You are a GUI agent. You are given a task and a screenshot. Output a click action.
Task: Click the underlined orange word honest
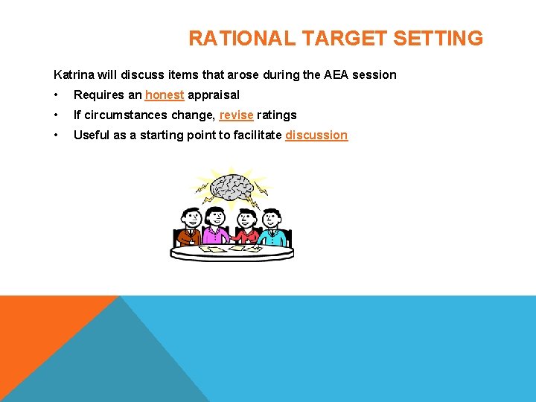point(165,95)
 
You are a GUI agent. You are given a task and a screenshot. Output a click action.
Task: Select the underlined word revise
point(236,115)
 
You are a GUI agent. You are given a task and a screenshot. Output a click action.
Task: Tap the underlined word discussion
point(316,135)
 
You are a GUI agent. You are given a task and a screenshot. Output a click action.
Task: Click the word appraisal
point(214,95)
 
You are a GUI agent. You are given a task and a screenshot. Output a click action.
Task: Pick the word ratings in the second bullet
point(277,115)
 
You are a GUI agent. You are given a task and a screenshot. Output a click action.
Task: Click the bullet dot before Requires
point(56,95)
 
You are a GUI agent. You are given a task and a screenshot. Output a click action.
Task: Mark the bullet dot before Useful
point(56,135)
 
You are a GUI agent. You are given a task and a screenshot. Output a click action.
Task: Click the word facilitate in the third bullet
point(255,135)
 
